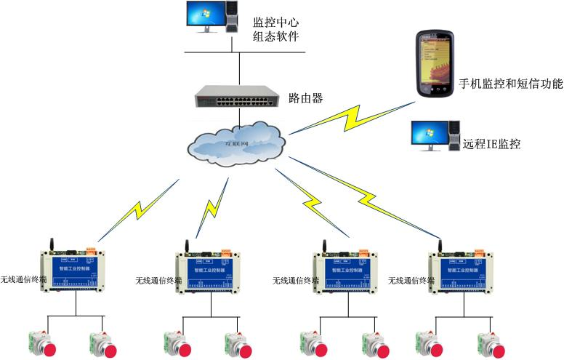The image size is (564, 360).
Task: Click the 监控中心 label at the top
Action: click(277, 22)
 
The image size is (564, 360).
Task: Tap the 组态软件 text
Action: click(277, 38)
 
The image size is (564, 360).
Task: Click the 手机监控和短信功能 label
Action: click(511, 84)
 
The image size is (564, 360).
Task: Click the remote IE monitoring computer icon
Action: click(434, 136)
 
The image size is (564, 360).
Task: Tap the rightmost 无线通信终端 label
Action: click(411, 280)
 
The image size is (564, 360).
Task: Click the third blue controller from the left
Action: click(348, 272)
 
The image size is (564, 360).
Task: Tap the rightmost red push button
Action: click(493, 344)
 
